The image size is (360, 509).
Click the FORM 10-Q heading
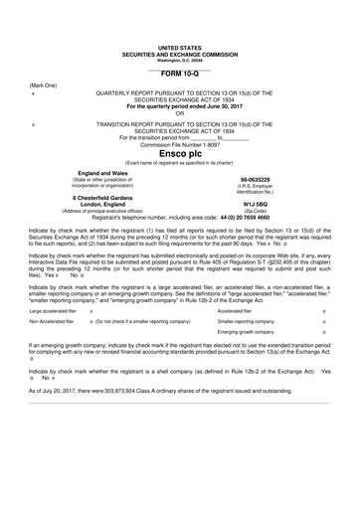(x=179, y=74)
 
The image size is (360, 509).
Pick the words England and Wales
(x=98, y=173)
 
